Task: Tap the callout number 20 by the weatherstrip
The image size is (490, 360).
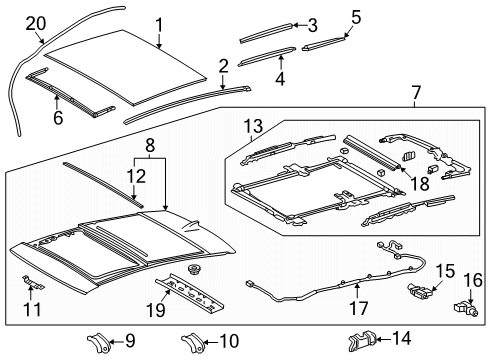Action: pos(35,22)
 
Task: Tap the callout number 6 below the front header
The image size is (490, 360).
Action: pos(57,117)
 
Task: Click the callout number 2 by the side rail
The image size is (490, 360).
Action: pos(222,66)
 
